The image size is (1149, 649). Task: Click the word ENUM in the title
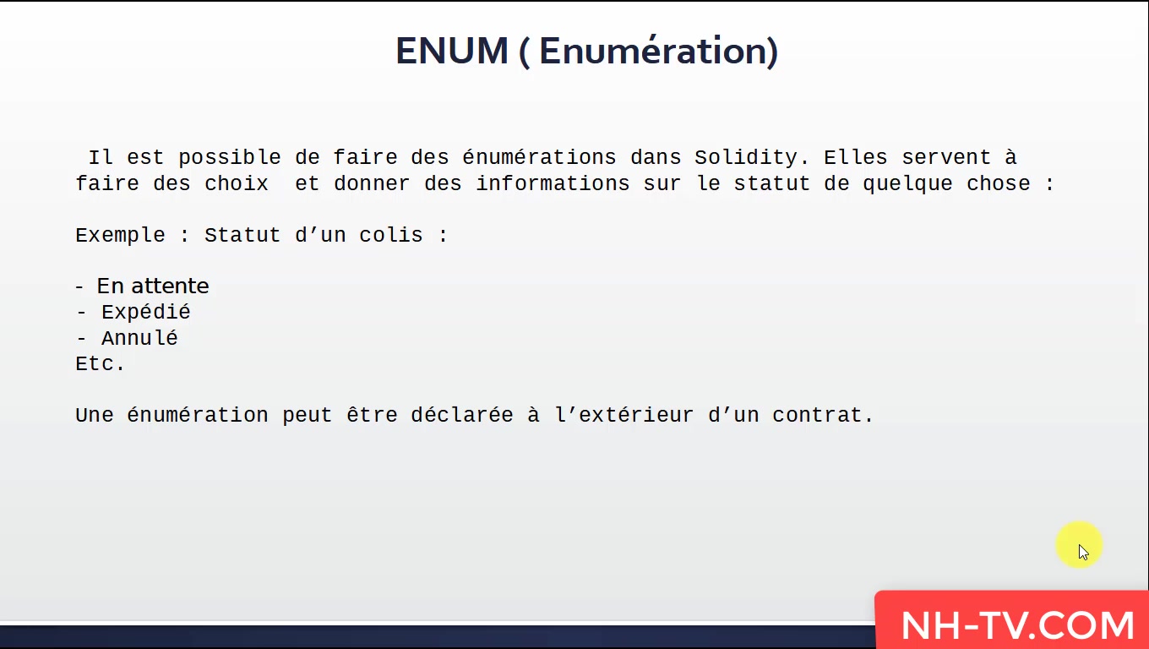tap(452, 52)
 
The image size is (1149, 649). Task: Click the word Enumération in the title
tap(658, 52)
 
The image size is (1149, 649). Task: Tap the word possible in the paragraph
tap(230, 158)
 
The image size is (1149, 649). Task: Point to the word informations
tap(553, 183)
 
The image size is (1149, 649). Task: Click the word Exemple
tap(121, 236)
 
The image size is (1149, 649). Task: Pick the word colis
tap(391, 236)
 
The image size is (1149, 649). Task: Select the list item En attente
tap(153, 286)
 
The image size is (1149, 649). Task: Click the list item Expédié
tap(145, 313)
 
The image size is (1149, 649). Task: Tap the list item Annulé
tap(139, 338)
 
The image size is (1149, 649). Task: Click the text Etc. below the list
tap(100, 363)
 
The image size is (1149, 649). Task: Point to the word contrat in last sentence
tap(822, 415)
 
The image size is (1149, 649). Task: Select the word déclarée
tap(462, 415)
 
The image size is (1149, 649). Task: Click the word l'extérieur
tap(624, 415)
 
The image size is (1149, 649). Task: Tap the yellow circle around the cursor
tap(1079, 544)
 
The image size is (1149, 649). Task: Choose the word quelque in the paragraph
tap(907, 184)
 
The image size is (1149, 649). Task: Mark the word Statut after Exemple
tap(242, 236)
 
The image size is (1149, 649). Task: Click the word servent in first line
tap(946, 158)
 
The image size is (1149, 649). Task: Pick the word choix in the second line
tap(236, 183)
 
